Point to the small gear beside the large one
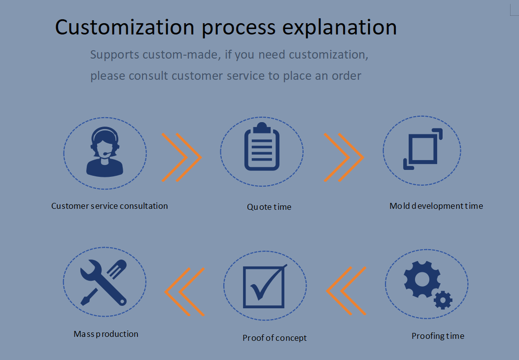pyautogui.click(x=443, y=299)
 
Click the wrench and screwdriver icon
pyautogui.click(x=103, y=282)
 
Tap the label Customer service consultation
pyautogui.click(x=110, y=206)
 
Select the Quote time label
pyautogui.click(x=269, y=207)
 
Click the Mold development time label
pyautogui.click(x=436, y=206)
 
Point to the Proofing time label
pyautogui.click(x=437, y=336)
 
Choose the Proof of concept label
pyautogui.click(x=274, y=338)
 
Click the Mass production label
pyautogui.click(x=106, y=334)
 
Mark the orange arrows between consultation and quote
pyautogui.click(x=182, y=157)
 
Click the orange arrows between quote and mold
pyautogui.click(x=344, y=157)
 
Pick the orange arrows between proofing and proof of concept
pyautogui.click(x=347, y=291)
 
